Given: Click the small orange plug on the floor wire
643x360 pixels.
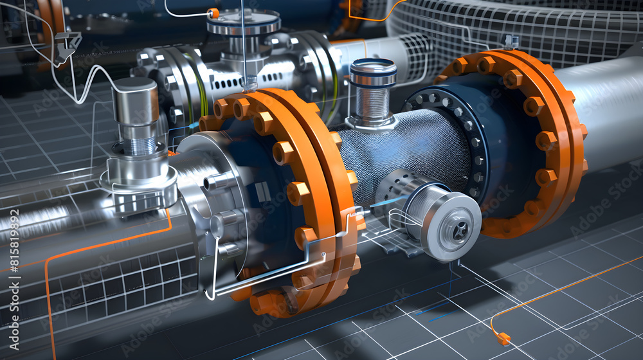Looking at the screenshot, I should pyautogui.click(x=503, y=338).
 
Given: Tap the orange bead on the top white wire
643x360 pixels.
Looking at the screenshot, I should pyautogui.click(x=213, y=13).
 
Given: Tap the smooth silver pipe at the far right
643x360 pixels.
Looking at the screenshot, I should pyautogui.click(x=611, y=116).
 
